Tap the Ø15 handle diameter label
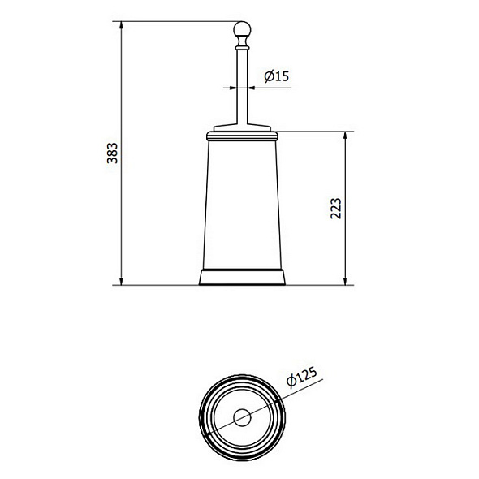[277, 77]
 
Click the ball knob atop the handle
[239, 32]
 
